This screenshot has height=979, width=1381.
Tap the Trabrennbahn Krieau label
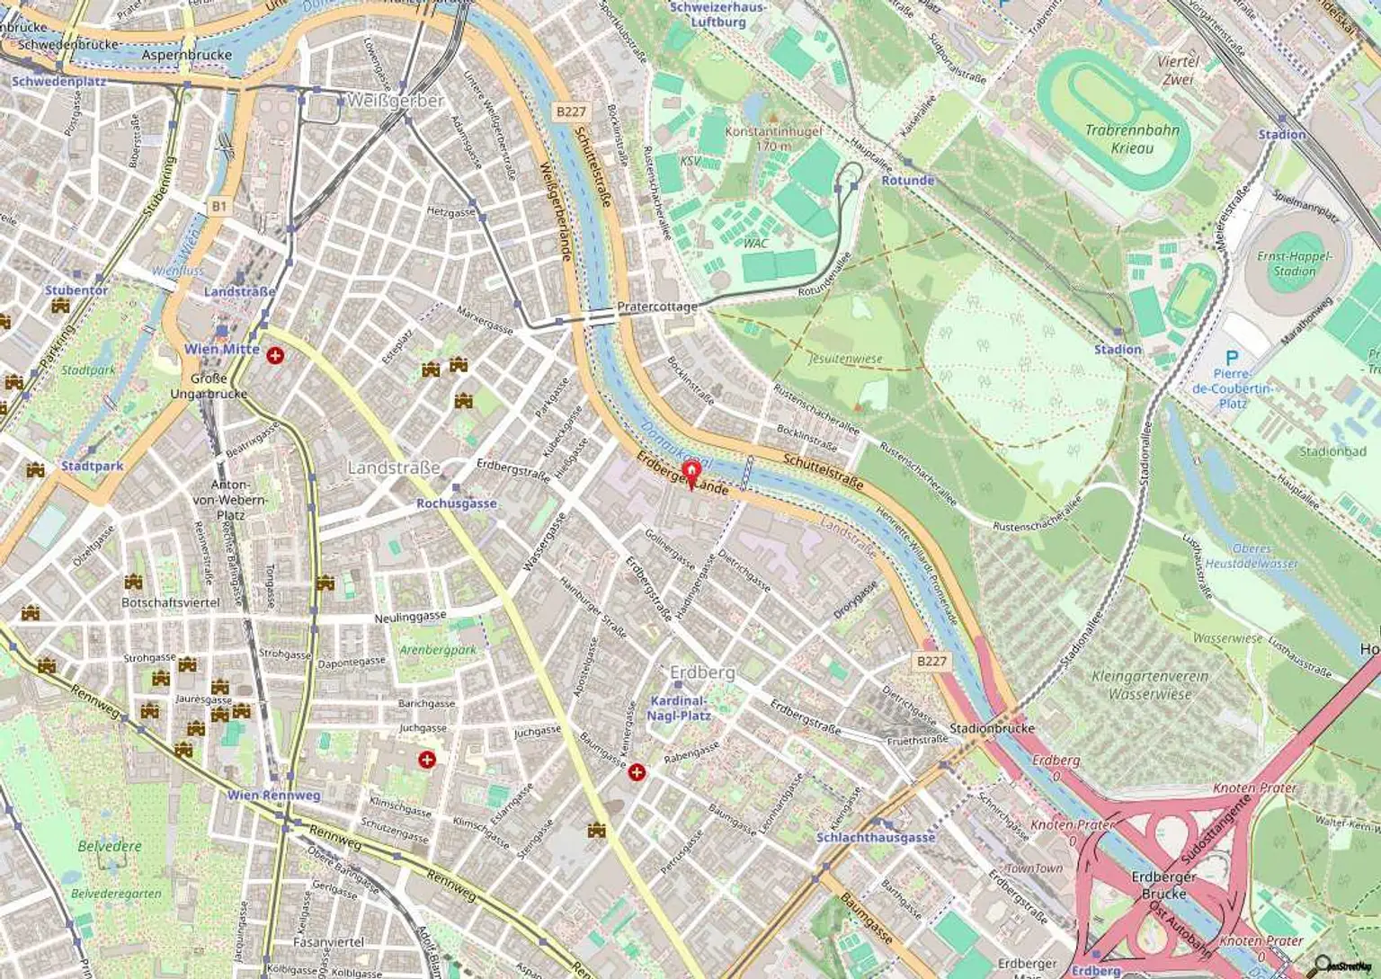tap(1131, 139)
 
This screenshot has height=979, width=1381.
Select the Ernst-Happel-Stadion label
tap(1295, 263)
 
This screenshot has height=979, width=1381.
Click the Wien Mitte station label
tap(222, 349)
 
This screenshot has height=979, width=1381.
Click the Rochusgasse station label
tap(456, 503)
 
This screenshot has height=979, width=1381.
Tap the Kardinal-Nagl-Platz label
tap(679, 708)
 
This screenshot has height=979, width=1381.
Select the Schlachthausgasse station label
tap(876, 837)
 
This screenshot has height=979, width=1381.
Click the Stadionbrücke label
tap(992, 728)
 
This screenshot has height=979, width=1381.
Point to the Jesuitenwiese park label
tap(845, 359)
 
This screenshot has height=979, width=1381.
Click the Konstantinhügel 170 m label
tap(773, 138)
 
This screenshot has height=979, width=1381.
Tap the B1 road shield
tap(219, 207)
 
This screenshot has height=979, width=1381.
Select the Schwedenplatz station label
tap(58, 81)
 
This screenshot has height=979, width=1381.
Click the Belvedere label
tap(110, 846)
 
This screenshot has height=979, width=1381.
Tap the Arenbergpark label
tap(438, 650)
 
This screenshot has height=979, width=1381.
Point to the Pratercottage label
tap(656, 307)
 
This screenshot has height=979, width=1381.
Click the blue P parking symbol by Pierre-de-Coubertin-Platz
tap(1231, 358)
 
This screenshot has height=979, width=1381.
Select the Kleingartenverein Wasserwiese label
tap(1149, 684)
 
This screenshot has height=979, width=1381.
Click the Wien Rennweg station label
tap(273, 795)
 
